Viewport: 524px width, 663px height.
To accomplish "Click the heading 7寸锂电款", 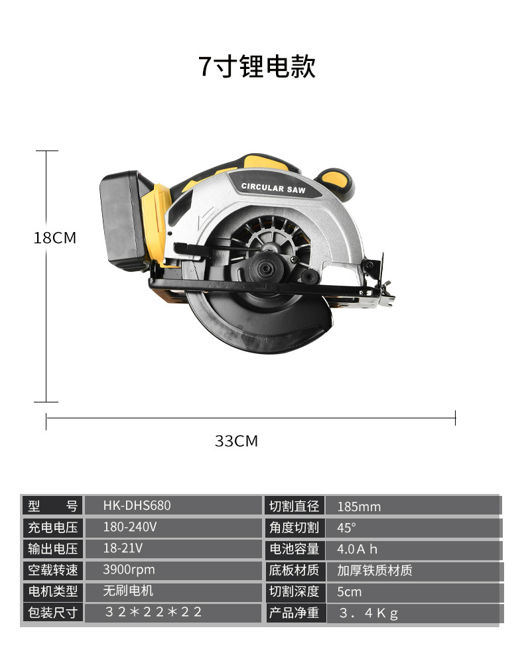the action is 257,66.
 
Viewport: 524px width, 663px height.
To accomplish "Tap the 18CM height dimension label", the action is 55,238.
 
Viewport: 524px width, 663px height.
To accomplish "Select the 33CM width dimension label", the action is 236,441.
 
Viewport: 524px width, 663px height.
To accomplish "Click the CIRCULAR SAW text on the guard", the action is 273,188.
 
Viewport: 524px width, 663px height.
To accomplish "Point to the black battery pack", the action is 123,220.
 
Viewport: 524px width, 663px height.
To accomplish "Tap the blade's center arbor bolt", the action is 265,268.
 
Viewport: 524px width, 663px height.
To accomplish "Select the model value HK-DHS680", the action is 137,506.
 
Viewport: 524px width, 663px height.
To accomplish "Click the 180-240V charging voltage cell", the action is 130,527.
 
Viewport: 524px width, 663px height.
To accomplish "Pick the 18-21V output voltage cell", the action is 123,548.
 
